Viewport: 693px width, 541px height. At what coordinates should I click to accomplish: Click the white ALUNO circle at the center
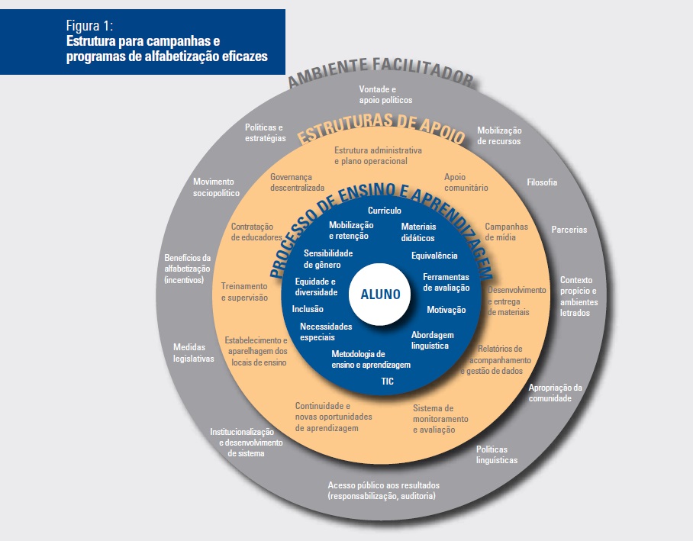(379, 295)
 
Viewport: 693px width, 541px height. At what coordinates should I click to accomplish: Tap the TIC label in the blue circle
(387, 381)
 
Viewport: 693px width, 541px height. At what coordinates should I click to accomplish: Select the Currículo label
(385, 211)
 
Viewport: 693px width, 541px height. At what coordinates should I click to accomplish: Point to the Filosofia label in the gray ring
(542, 182)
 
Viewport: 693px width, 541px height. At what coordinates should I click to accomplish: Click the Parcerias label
(569, 230)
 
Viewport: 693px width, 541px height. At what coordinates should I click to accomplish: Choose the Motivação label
(446, 310)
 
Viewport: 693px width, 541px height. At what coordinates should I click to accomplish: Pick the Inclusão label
(308, 309)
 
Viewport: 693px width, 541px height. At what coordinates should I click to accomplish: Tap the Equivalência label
(434, 256)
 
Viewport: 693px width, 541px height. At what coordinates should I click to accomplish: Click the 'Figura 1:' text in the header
(90, 25)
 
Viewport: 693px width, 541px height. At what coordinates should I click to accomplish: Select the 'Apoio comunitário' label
(466, 182)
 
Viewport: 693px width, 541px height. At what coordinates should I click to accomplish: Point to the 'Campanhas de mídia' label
(506, 232)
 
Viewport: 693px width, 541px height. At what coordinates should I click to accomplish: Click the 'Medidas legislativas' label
(194, 353)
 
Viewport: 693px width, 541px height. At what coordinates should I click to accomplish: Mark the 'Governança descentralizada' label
(297, 182)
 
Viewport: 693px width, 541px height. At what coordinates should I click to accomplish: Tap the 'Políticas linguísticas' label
(496, 454)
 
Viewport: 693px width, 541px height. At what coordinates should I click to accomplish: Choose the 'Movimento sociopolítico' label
(216, 187)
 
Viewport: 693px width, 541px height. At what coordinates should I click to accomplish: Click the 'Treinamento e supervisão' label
(244, 291)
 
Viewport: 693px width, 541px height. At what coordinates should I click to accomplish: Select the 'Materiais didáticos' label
(418, 232)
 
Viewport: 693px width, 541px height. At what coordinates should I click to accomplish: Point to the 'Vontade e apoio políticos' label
(385, 95)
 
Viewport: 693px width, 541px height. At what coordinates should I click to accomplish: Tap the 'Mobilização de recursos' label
(499, 136)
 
